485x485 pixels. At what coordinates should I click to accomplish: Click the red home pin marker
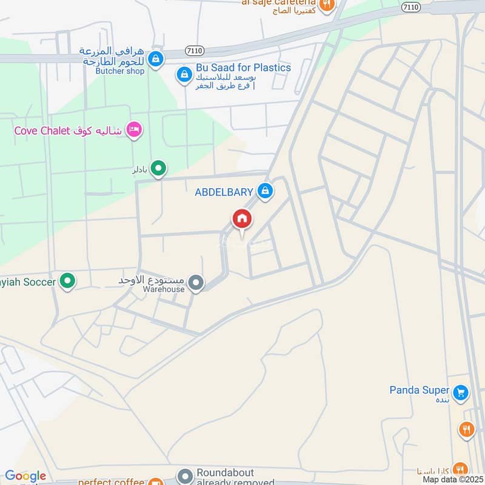coord(242,219)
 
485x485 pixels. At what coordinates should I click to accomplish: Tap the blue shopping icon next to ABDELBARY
coord(264,192)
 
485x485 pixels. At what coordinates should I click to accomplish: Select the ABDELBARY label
coord(224,192)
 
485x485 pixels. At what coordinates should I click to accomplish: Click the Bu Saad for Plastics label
coord(242,67)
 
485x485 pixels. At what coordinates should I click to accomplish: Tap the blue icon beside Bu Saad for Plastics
coord(184,75)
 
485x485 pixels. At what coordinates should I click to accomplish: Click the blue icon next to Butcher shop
coord(156,59)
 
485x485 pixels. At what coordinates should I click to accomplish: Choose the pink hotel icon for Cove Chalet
coord(134,130)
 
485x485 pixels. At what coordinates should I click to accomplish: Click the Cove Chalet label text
coord(42,130)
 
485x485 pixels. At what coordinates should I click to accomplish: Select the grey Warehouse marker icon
coord(195,282)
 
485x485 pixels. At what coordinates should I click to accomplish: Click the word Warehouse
coord(163,289)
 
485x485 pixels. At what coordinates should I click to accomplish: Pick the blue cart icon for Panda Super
coord(461,392)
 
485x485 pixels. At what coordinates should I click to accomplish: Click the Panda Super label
coord(419,390)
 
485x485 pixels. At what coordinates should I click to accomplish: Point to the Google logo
coord(25,477)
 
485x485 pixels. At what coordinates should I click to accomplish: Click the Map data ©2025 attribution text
coord(452,480)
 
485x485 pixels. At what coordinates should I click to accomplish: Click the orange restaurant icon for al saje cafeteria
coord(327,4)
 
